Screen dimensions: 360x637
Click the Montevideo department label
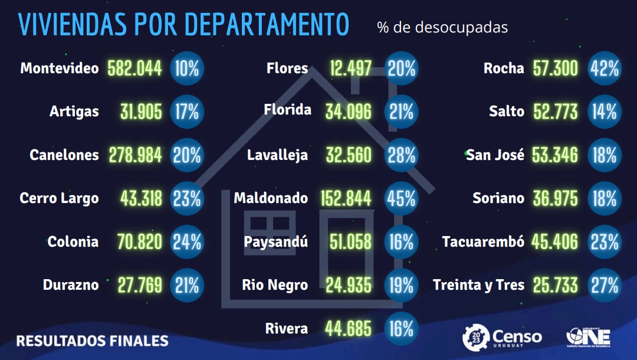(60, 68)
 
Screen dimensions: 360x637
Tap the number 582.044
(135, 68)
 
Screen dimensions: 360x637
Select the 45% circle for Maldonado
(401, 198)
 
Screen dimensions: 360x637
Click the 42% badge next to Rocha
(605, 68)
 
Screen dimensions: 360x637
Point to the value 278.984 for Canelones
(135, 155)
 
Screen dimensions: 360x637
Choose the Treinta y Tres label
(478, 286)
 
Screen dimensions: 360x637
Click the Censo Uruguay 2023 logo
(502, 337)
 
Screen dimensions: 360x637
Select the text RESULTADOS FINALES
(92, 341)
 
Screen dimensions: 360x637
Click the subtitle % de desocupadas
(442, 28)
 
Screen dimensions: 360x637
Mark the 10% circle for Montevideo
(187, 68)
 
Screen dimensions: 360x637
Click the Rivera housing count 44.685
(348, 329)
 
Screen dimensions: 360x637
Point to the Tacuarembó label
(483, 242)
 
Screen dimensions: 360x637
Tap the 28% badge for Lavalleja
(401, 155)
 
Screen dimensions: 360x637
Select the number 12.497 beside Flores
(350, 68)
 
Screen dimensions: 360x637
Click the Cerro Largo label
(60, 198)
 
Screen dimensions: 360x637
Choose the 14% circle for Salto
(605, 112)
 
